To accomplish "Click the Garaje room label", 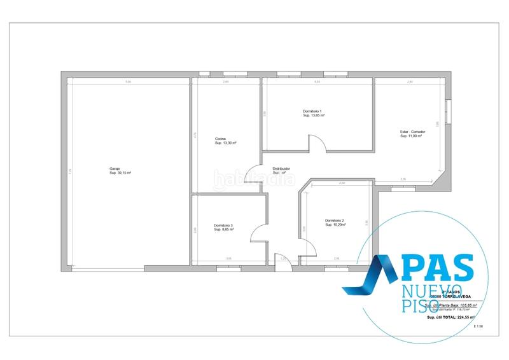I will (x=114, y=169).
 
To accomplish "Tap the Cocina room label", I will (x=221, y=139).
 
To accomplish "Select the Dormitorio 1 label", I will (x=312, y=111).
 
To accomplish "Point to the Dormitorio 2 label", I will (x=334, y=220).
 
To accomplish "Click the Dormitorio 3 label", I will (x=223, y=225).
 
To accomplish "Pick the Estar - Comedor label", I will (x=412, y=132).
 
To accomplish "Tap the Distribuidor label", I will (x=281, y=169).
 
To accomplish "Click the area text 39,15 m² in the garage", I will (x=120, y=173).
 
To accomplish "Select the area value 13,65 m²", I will (x=314, y=116).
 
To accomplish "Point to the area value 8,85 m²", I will (x=224, y=230).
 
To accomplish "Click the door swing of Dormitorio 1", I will (x=317, y=143).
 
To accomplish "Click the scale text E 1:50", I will (x=478, y=326).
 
